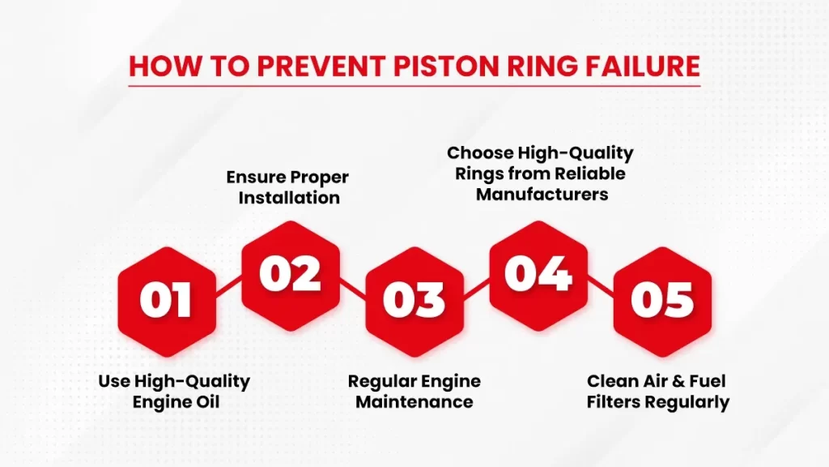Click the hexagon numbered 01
tap(167, 302)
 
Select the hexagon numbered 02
tap(291, 276)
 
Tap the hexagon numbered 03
tap(414, 302)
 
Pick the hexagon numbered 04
tap(538, 276)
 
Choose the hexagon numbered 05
tap(662, 302)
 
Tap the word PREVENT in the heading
tap(321, 66)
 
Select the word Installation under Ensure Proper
tap(289, 198)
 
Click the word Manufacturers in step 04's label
tap(542, 195)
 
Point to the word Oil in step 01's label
tap(208, 402)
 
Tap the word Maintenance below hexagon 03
tap(414, 402)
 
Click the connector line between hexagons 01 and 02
tap(228, 286)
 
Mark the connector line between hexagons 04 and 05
tap(601, 286)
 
